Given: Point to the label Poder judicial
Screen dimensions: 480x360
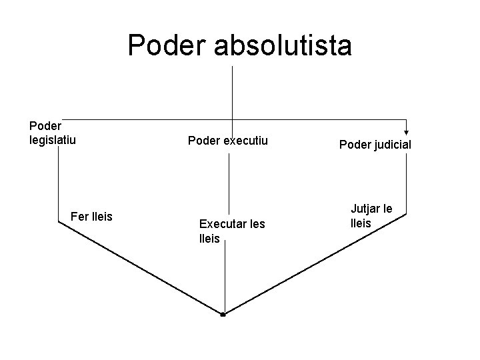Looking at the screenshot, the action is point(375,145).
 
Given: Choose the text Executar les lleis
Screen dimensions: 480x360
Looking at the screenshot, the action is point(231,231).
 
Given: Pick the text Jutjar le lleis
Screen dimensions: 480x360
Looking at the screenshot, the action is point(371,216).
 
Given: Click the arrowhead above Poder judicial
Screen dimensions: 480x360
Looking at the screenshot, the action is point(406,132).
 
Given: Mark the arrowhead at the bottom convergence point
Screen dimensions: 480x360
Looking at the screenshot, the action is point(224,313).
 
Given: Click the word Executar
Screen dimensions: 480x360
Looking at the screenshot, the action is point(222,224).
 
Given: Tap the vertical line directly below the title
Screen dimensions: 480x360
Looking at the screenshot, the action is point(232,93).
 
